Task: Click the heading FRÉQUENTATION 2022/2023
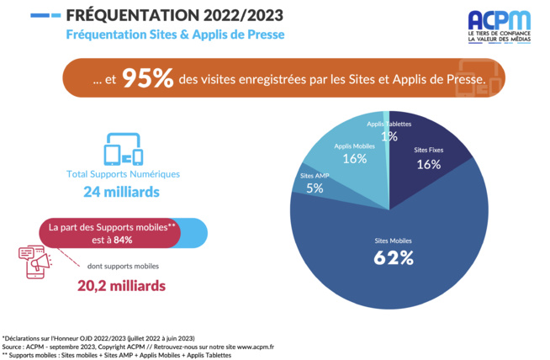pyautogui.click(x=173, y=16)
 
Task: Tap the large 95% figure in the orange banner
pyautogui.click(x=148, y=79)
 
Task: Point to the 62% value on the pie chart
pyautogui.click(x=394, y=257)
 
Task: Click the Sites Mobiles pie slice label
pyautogui.click(x=394, y=241)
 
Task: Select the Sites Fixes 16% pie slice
pyautogui.click(x=428, y=160)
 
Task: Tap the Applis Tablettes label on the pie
pyautogui.click(x=389, y=124)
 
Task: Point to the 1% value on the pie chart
pyautogui.click(x=389, y=135)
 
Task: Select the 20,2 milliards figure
pyautogui.click(x=122, y=285)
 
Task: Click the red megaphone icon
pyautogui.click(x=33, y=262)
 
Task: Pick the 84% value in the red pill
pyautogui.click(x=123, y=240)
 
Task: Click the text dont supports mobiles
pyautogui.click(x=122, y=266)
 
